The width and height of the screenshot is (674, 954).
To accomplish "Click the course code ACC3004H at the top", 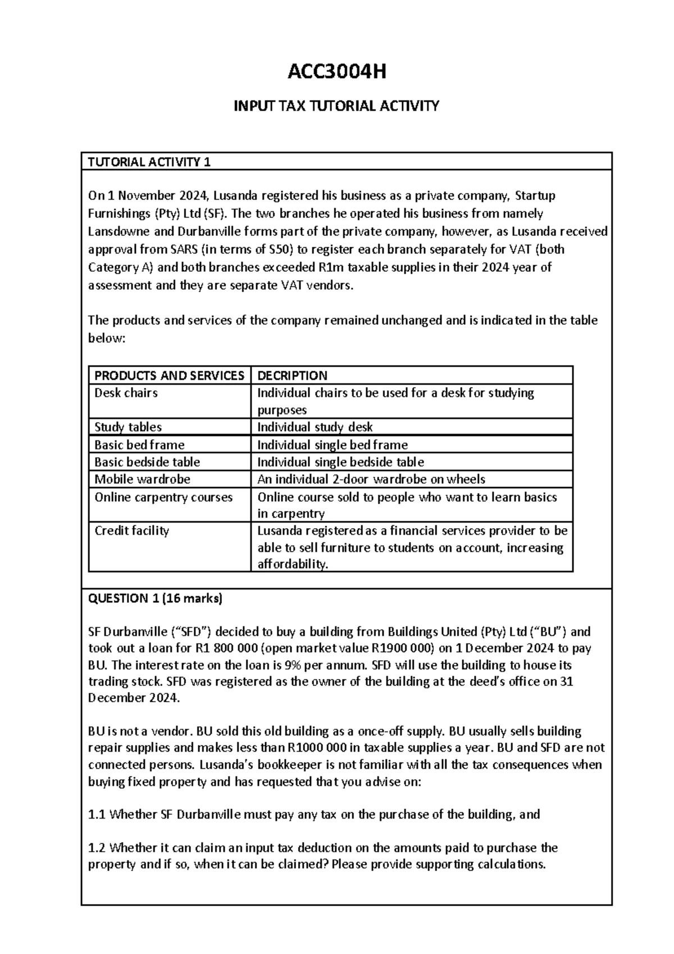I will point(336,72).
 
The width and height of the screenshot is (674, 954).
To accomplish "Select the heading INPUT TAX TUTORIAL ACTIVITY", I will point(336,106).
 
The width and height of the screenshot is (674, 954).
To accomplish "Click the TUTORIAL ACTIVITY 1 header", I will point(149,162).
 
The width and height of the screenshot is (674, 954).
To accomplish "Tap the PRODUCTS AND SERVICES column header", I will point(169,375).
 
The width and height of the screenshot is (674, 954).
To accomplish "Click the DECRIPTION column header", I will point(292,375).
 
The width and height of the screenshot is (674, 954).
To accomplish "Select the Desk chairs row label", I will point(126,393).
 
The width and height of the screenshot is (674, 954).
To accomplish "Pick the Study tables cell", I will point(128,427).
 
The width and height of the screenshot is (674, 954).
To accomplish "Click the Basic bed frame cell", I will point(139,445).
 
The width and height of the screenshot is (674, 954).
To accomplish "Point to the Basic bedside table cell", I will point(147,462).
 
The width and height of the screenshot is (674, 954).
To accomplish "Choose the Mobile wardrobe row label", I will point(142,479).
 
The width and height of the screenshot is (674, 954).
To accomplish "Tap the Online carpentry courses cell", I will point(163,497).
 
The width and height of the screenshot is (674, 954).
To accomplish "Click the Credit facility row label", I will point(131,531).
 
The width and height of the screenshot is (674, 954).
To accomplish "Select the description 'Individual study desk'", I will point(315,427).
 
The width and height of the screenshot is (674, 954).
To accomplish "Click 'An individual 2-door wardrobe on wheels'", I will point(371,479).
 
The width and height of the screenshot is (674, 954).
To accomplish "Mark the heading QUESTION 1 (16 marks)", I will point(156,598).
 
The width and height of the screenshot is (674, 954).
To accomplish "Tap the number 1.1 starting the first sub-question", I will point(97,815).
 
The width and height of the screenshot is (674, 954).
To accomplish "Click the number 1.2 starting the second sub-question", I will point(97,848).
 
